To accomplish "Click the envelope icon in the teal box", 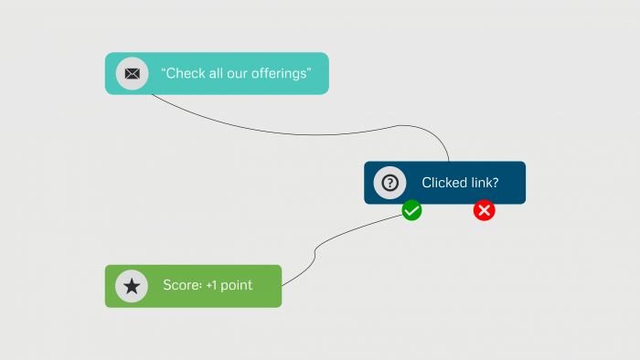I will click(x=132, y=73).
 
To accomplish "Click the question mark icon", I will click(x=389, y=182).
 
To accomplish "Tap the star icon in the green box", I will click(x=132, y=286).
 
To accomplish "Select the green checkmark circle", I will click(x=412, y=211).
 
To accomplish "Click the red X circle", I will click(x=485, y=211).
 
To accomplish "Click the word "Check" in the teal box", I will click(x=186, y=73).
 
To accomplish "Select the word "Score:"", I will click(x=182, y=286).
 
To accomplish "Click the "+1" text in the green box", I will click(x=212, y=286).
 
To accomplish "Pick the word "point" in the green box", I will click(x=237, y=286).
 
